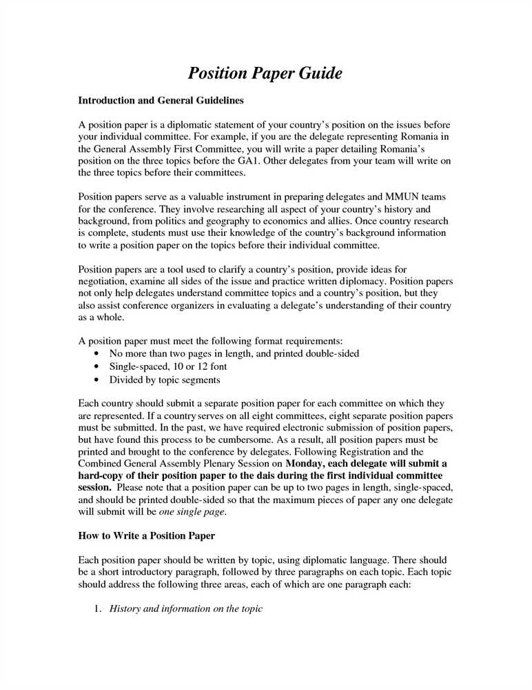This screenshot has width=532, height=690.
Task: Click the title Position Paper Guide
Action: [x=265, y=73]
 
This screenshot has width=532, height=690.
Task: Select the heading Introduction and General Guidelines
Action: [x=161, y=101]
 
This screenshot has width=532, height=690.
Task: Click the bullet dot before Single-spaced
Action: [x=95, y=367]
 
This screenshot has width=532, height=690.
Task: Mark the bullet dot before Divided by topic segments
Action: [x=95, y=380]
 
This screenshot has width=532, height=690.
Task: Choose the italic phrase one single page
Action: [x=192, y=513]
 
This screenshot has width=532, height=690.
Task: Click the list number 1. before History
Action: [x=98, y=609]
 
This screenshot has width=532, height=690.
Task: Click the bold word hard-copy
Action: [x=103, y=476]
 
